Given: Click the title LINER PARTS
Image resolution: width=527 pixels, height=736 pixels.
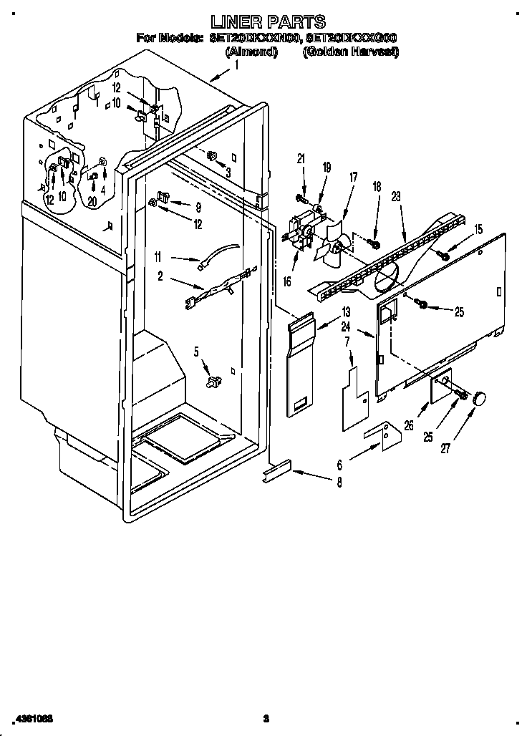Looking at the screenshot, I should (x=265, y=21).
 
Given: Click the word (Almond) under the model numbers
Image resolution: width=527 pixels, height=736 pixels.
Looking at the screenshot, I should (x=251, y=52).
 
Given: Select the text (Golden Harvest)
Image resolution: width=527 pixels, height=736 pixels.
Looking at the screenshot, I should (x=350, y=52).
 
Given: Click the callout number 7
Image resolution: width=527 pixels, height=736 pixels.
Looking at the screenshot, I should (x=347, y=343).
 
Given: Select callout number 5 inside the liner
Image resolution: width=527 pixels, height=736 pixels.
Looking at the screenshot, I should (x=195, y=351).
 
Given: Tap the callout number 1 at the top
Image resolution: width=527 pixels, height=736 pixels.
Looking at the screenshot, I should (x=237, y=64).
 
